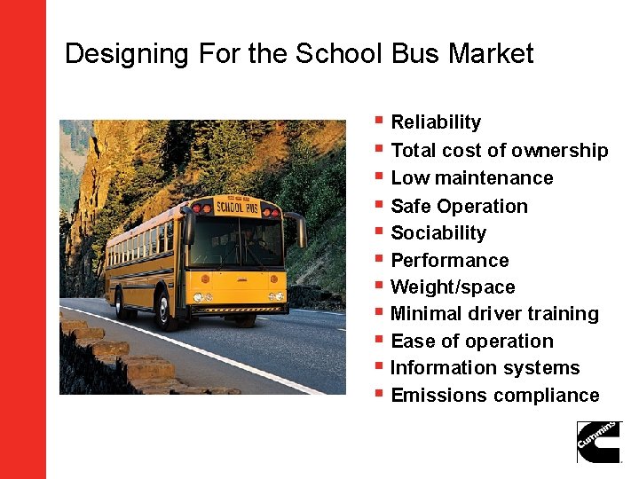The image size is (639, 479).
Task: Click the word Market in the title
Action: (x=491, y=54)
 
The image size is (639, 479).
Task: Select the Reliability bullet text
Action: (x=436, y=122)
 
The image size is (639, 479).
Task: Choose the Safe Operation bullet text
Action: (x=459, y=207)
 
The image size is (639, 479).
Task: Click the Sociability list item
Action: (x=438, y=233)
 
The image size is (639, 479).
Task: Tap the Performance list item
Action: (x=450, y=261)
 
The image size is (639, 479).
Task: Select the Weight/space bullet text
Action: (x=453, y=287)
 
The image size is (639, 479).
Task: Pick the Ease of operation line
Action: (x=471, y=342)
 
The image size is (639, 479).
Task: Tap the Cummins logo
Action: (x=599, y=441)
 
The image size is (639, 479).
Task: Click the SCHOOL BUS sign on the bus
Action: (x=237, y=208)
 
